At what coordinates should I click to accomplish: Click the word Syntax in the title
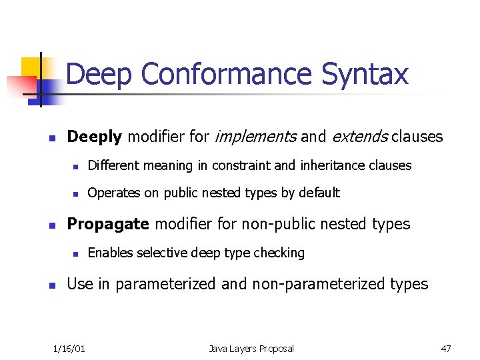coord(365,75)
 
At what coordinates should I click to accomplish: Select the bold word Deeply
coord(95,137)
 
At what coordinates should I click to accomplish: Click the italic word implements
coord(255,137)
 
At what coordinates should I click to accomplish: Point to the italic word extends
coord(359,137)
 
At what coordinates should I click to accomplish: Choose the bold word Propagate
coord(108,224)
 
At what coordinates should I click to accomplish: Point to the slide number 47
coord(446,349)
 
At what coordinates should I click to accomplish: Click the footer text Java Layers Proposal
coord(251,349)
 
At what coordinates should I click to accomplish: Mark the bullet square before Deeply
coord(51,139)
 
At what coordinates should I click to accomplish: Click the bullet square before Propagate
coord(51,225)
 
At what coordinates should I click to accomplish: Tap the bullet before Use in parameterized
coord(51,285)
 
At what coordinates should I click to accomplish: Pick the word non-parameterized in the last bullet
coord(317,284)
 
